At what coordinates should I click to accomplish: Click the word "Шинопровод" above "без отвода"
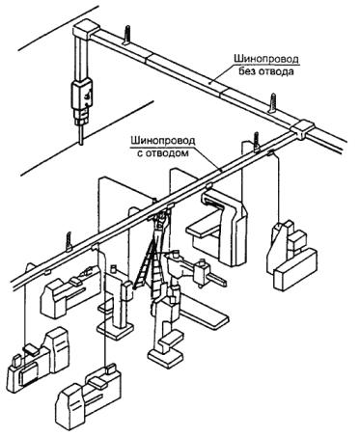(265, 59)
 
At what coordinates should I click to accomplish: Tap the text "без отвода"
(266, 71)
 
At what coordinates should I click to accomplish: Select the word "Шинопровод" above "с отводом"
(162, 141)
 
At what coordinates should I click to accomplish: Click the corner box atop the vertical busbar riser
(84, 30)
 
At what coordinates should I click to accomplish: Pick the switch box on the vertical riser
(82, 96)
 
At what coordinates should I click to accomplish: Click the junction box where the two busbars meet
(302, 129)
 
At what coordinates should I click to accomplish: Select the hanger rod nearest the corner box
(126, 35)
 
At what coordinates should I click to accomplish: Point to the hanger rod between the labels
(274, 102)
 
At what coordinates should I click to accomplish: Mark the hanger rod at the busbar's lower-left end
(69, 242)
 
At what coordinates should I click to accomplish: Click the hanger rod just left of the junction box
(257, 142)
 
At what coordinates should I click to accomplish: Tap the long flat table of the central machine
(206, 313)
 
